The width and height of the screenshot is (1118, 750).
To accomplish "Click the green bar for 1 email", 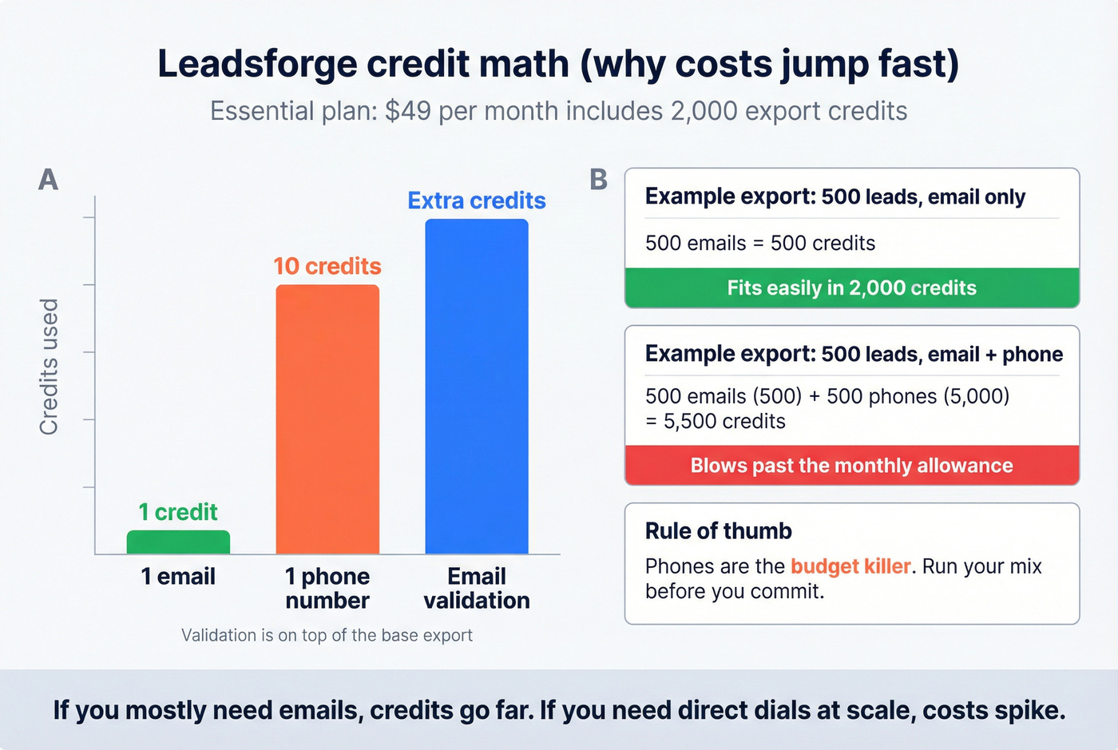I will [178, 542].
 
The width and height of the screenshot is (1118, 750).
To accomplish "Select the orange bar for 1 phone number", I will [327, 419].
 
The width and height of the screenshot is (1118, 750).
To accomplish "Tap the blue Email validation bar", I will [477, 387].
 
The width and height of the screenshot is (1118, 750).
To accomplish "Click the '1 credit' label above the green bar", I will [178, 512].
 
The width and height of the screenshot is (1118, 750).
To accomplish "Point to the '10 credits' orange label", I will [327, 266].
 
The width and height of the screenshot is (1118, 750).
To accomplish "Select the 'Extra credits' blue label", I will [477, 200].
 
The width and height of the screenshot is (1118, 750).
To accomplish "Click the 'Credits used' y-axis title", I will [50, 367].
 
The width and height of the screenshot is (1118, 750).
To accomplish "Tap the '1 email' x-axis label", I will [178, 577].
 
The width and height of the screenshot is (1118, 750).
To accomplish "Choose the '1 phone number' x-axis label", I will [327, 589].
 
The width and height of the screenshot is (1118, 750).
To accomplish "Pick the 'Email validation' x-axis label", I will [477, 589].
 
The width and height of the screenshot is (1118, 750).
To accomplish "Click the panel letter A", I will [49, 180].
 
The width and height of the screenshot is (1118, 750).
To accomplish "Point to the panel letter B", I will [599, 180].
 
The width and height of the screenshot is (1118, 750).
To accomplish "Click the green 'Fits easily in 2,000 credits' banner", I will [852, 288].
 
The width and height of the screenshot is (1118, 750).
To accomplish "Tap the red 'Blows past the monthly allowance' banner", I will [852, 466].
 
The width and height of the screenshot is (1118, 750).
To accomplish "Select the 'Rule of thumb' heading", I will [719, 531].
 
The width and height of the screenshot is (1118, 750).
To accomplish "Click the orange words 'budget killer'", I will [850, 566].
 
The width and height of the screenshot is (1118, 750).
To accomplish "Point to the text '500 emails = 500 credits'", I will [760, 244].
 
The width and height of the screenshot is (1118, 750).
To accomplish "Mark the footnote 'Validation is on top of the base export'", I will [327, 636].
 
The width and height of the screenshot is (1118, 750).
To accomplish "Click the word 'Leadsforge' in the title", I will [257, 64].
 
